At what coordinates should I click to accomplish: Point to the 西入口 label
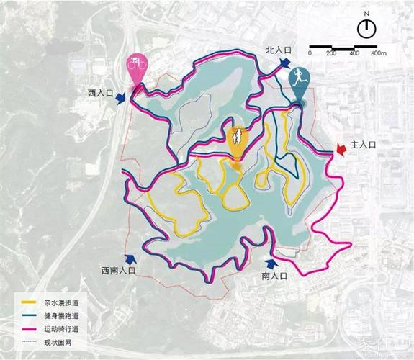[x=102, y=93]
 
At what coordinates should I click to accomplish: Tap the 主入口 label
[x=363, y=145]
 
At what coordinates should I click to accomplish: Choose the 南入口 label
[x=274, y=276]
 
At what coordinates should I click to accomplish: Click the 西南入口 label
[x=118, y=271]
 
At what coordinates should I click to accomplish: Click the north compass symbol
[x=366, y=29]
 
